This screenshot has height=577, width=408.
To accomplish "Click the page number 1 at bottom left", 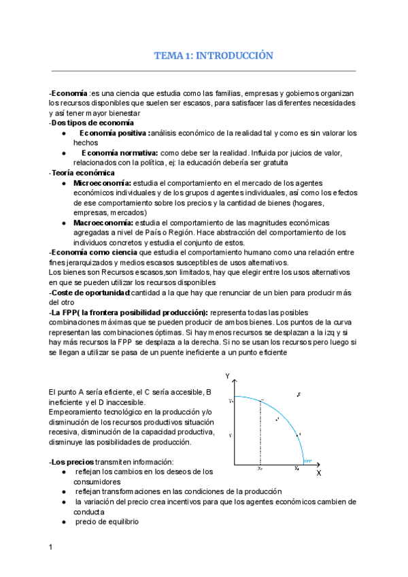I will tap(51, 546).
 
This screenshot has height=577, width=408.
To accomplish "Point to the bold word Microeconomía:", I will tap(103, 184).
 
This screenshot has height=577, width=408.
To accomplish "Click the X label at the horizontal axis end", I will tap(319, 473).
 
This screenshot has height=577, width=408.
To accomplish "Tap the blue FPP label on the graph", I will tap(307, 460).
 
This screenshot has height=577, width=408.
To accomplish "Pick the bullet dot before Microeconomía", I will tap(63, 184).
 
